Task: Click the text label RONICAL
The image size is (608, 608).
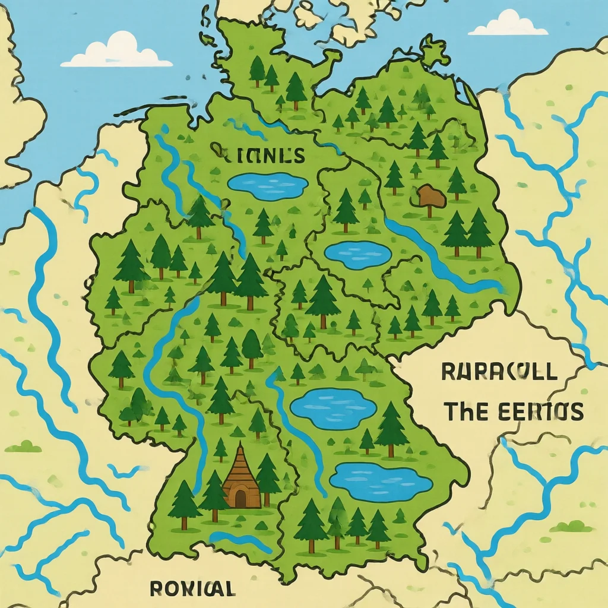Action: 191,588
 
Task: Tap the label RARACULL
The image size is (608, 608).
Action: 499,372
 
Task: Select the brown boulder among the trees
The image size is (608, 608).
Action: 431,196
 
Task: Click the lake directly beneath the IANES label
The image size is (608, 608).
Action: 267,185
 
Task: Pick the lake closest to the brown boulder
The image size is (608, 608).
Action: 358,254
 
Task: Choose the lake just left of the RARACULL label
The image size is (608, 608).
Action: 334,408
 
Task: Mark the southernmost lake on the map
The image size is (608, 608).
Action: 380,482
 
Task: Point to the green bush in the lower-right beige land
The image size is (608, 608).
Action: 571,526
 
